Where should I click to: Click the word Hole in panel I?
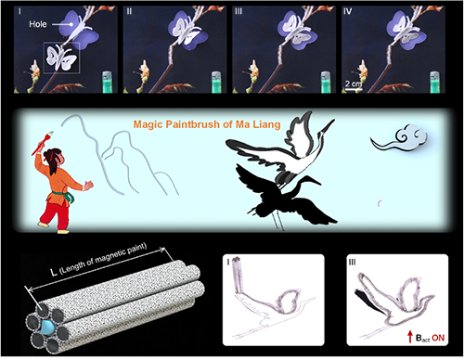(x=38, y=24)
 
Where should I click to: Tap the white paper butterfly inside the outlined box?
(x=61, y=58)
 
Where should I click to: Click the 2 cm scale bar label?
(x=354, y=84)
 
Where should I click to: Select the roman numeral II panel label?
(x=129, y=11)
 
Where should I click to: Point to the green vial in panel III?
(x=326, y=82)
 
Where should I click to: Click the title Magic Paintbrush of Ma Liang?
(x=207, y=124)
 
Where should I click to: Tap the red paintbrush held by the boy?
(x=43, y=143)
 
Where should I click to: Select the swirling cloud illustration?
(x=400, y=138)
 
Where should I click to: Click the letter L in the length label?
(x=54, y=272)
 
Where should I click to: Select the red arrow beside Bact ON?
(x=410, y=337)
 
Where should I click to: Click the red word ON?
(x=438, y=338)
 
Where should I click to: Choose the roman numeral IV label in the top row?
(x=348, y=11)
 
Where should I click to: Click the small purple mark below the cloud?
(x=379, y=203)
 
